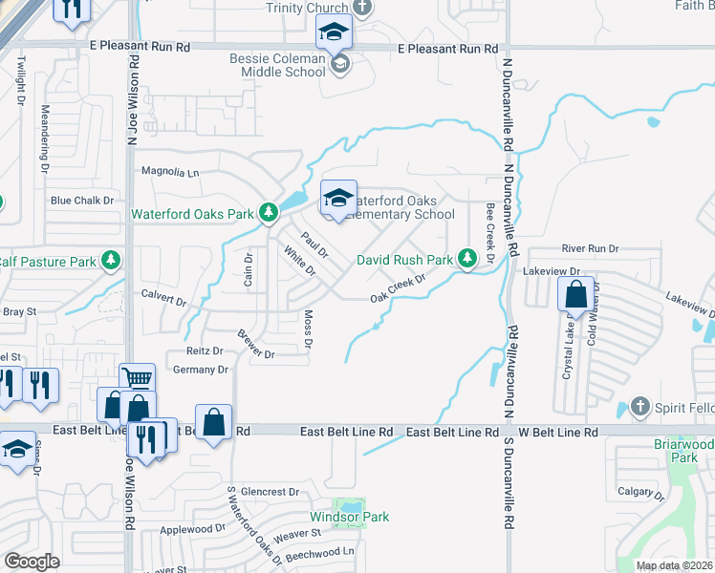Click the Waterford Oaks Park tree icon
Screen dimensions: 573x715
click(271, 213)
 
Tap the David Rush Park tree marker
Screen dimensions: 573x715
click(467, 259)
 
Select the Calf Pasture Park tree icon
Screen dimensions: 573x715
click(112, 261)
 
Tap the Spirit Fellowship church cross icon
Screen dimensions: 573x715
click(641, 408)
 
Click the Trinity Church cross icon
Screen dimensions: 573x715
click(361, 8)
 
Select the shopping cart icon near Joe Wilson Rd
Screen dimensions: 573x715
click(138, 378)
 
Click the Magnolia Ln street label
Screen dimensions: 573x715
click(170, 173)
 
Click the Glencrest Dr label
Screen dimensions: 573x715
click(264, 492)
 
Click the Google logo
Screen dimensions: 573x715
click(32, 562)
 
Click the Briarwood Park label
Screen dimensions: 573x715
click(683, 451)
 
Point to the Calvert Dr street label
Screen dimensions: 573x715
click(163, 299)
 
